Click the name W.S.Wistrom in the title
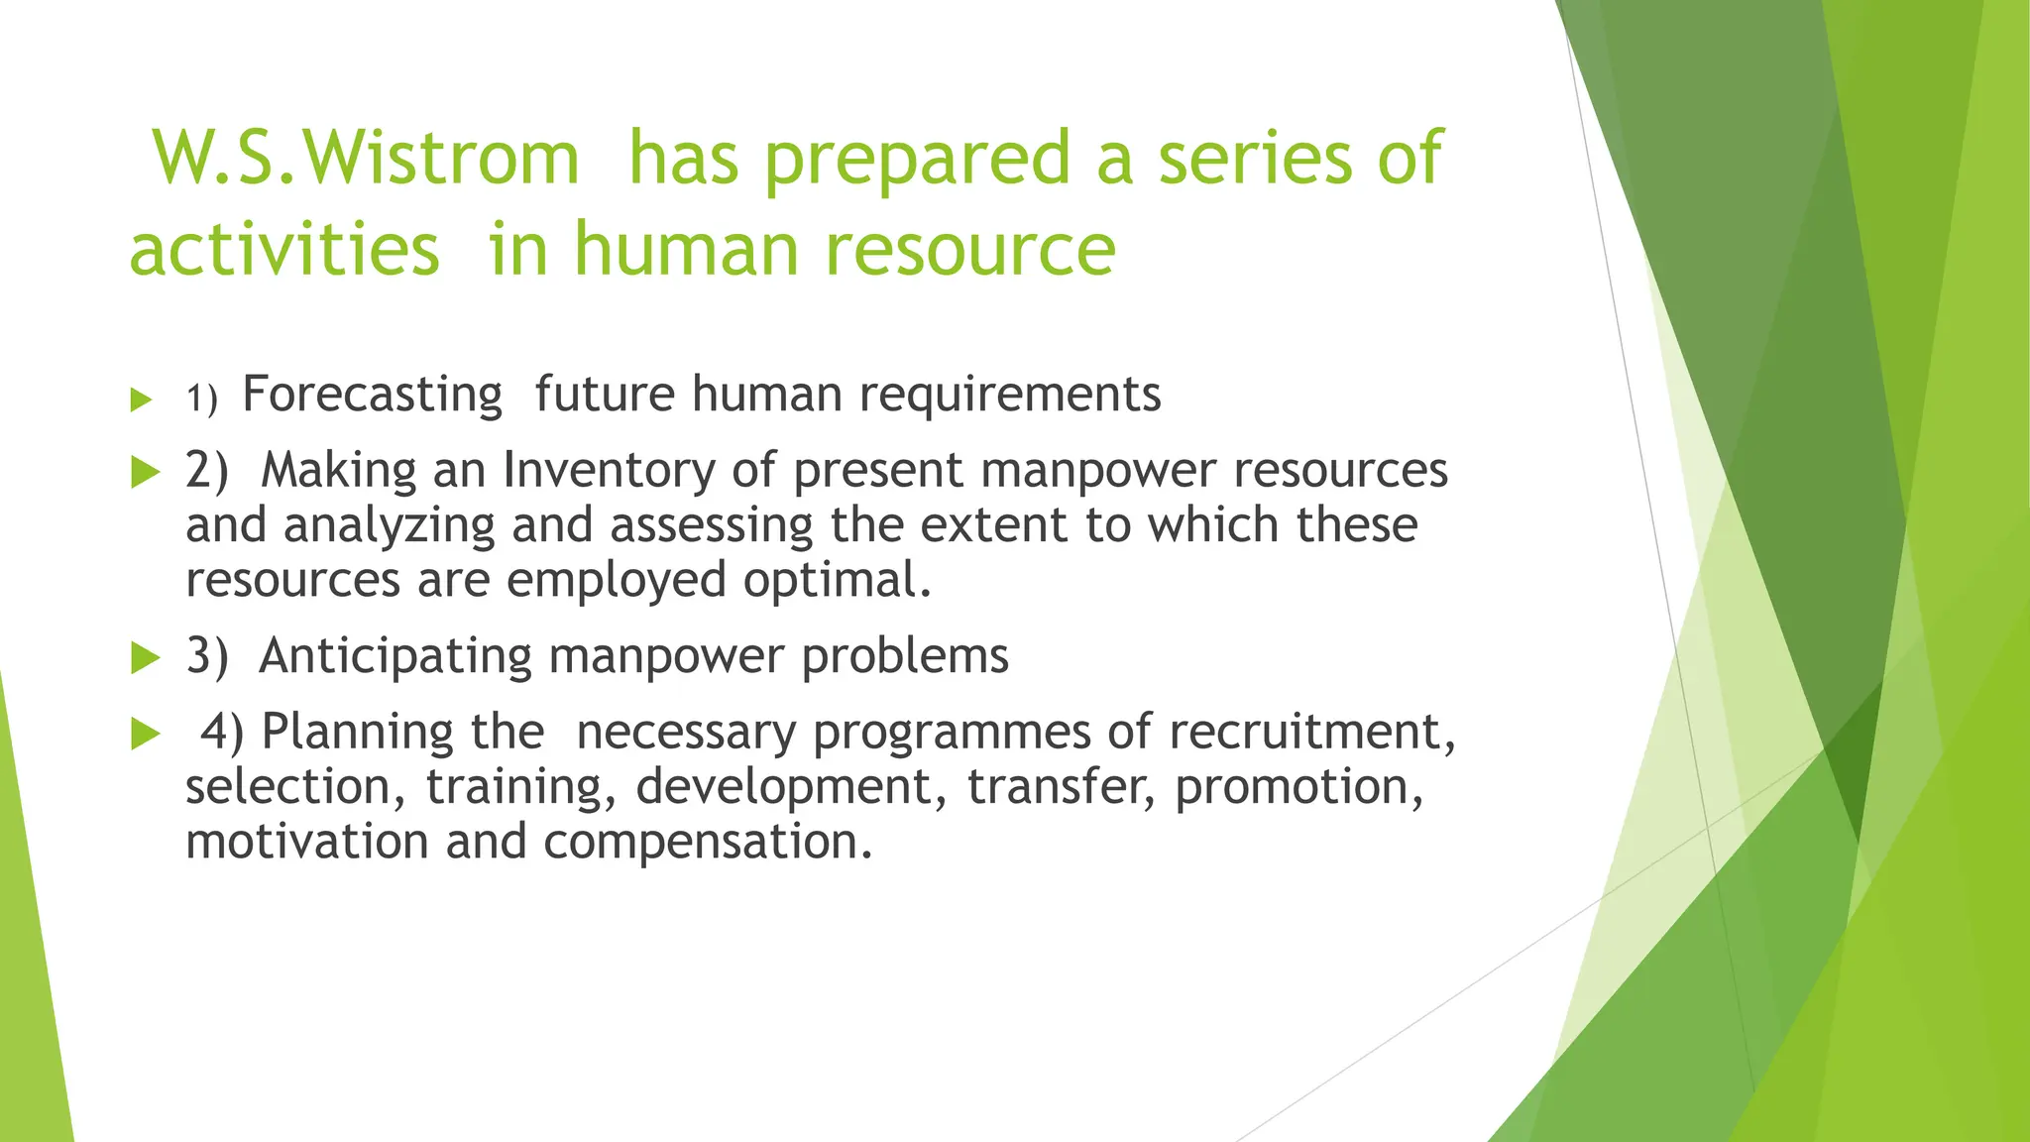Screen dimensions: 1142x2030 click(x=365, y=159)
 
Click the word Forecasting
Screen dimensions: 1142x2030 click(x=373, y=395)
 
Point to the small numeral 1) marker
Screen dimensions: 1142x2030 click(x=201, y=399)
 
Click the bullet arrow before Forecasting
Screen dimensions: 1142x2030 click(x=142, y=400)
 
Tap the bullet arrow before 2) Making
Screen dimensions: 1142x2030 click(x=145, y=473)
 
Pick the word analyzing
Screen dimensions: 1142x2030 click(x=389, y=525)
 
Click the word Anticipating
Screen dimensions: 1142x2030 click(x=395, y=656)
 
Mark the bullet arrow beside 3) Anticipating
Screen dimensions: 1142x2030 click(x=145, y=657)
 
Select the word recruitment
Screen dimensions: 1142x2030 click(x=1310, y=733)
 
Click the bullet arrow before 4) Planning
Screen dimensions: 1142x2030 click(x=145, y=735)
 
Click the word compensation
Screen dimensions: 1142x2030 click(x=708, y=843)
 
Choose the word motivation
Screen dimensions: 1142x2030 click(x=306, y=842)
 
